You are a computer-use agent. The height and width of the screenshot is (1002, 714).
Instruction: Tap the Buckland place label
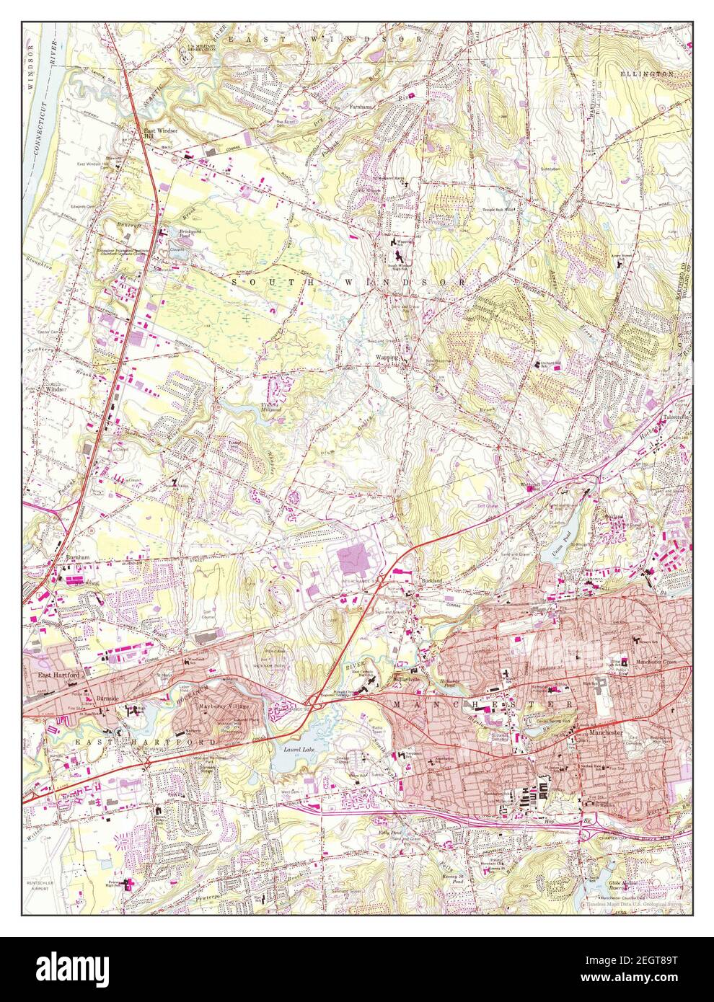428,580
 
